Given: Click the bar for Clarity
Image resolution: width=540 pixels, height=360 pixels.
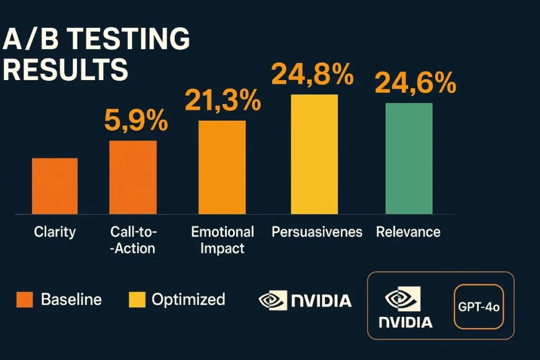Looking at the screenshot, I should [x=55, y=186].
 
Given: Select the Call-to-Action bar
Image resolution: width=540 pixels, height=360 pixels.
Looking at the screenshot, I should [x=133, y=177].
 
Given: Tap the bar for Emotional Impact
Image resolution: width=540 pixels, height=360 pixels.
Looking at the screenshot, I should [x=222, y=167].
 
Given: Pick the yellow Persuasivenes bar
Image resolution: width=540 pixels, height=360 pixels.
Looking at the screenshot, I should [x=314, y=154].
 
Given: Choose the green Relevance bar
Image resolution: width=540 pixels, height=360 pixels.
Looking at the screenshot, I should [x=409, y=158].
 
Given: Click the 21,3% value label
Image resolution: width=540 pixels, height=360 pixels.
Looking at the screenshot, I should [x=223, y=100].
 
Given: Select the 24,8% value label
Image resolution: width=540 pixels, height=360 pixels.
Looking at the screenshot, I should [x=312, y=74].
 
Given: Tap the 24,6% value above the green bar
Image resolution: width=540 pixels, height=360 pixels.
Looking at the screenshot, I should [x=415, y=83].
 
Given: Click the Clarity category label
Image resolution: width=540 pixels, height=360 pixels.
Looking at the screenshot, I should [x=55, y=232].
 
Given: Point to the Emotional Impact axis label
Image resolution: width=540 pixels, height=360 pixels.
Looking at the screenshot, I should [x=223, y=239].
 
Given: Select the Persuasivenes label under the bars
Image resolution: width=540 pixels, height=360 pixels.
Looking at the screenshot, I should [x=317, y=232].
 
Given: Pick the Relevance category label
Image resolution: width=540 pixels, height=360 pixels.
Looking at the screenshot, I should [x=408, y=232].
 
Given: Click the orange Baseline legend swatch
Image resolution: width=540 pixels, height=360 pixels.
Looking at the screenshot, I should [x=24, y=300].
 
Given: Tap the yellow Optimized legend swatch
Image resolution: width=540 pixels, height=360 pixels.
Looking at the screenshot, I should [x=137, y=300].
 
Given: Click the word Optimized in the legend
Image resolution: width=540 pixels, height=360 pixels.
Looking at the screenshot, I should [x=188, y=300].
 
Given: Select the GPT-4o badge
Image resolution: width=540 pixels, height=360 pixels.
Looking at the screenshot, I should [x=478, y=306].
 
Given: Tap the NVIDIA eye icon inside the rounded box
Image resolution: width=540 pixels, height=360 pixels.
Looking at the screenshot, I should [x=402, y=299].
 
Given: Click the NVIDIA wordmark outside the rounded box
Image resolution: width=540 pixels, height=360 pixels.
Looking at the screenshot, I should [x=321, y=301].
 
